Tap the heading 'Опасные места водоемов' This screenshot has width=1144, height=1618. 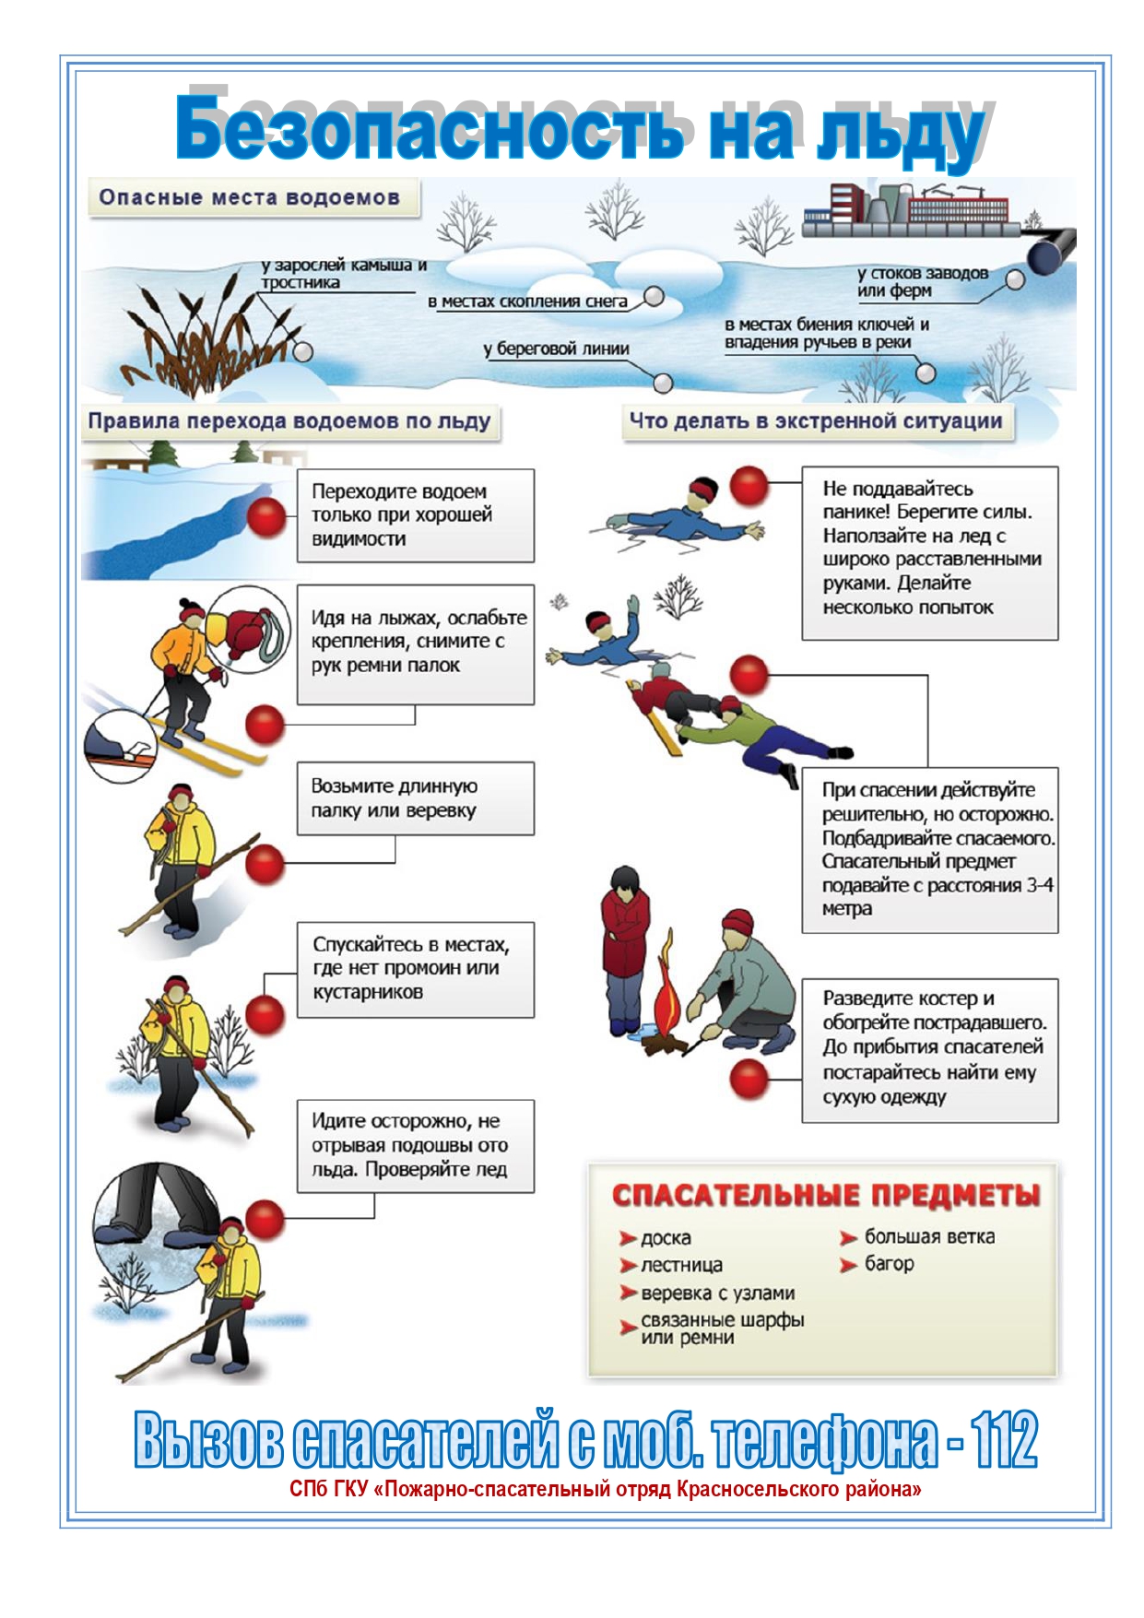coord(249,197)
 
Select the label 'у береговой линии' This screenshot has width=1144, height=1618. coord(556,349)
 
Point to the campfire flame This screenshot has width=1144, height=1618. coord(667,999)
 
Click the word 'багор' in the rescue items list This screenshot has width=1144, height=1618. coord(889,1264)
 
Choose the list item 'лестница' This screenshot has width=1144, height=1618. coord(681,1265)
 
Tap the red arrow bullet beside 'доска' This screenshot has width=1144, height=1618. coord(628,1238)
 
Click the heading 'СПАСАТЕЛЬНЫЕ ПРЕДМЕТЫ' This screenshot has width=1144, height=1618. coord(825,1196)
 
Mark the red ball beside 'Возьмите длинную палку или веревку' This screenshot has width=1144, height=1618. coord(265,865)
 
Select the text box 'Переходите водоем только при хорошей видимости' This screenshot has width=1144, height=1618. coord(415,515)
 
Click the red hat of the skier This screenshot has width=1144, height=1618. coord(191,609)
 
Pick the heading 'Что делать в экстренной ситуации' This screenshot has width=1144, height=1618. coord(816,421)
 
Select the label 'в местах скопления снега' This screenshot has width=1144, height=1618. coord(527,301)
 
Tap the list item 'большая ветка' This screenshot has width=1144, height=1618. coord(929,1237)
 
